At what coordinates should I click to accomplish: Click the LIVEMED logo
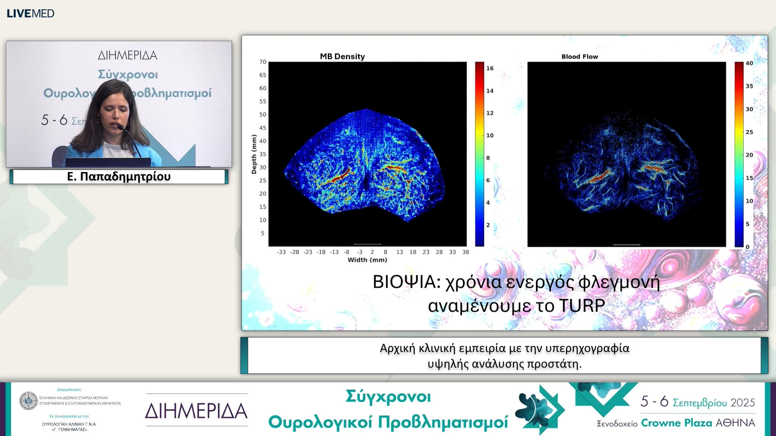point(30,13)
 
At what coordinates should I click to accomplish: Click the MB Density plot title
point(342,57)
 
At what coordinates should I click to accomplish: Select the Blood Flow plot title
point(579,57)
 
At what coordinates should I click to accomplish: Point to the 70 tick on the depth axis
point(263,62)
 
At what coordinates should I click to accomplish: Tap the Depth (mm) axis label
point(254,154)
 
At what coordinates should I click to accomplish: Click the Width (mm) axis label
point(367,260)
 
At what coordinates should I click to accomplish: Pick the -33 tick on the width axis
point(281,252)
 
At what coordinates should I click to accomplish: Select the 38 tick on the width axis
point(465,252)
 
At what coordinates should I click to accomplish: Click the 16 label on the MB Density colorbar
point(489,68)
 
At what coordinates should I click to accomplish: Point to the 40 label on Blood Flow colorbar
point(749,63)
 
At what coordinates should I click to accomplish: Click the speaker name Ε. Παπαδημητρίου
point(119,176)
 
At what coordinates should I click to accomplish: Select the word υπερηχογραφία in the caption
point(587,348)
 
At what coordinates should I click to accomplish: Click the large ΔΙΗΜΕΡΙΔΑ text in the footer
point(196,411)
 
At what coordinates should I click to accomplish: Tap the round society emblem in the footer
point(29,400)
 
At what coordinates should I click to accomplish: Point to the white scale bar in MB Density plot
point(367,244)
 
